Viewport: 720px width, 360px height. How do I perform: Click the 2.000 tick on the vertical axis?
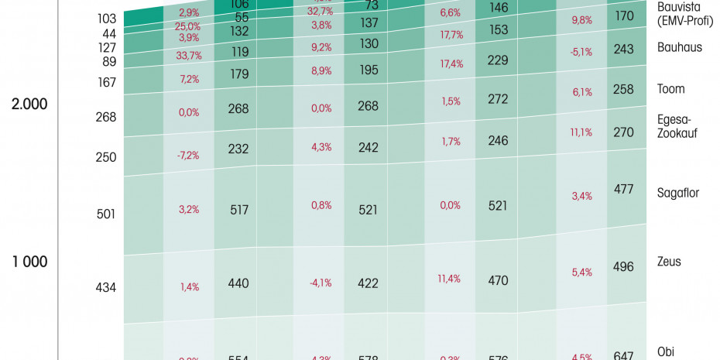[x=29, y=105]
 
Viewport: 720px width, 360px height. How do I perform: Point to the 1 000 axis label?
[x=29, y=262]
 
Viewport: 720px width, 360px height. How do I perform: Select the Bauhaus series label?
[x=679, y=47]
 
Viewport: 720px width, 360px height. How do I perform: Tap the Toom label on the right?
[x=670, y=89]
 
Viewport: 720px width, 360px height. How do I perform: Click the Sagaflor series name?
[x=677, y=193]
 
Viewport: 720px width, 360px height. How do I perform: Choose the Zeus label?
[x=669, y=262]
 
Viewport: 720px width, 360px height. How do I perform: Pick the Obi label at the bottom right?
[x=666, y=351]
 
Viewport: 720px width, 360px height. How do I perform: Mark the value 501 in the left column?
[x=105, y=214]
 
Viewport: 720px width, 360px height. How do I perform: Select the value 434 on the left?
[x=105, y=287]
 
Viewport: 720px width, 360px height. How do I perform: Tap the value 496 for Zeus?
[x=622, y=267]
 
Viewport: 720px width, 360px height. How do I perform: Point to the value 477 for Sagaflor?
[x=623, y=189]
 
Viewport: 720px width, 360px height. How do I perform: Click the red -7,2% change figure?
[x=188, y=156]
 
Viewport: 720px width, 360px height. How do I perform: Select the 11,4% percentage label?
[x=450, y=279]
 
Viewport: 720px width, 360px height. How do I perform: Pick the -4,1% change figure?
[x=321, y=283]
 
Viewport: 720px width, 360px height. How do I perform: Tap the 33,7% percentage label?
[x=189, y=55]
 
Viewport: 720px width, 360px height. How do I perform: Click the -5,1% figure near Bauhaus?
[x=581, y=53]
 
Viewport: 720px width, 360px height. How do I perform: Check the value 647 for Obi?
[x=622, y=355]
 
